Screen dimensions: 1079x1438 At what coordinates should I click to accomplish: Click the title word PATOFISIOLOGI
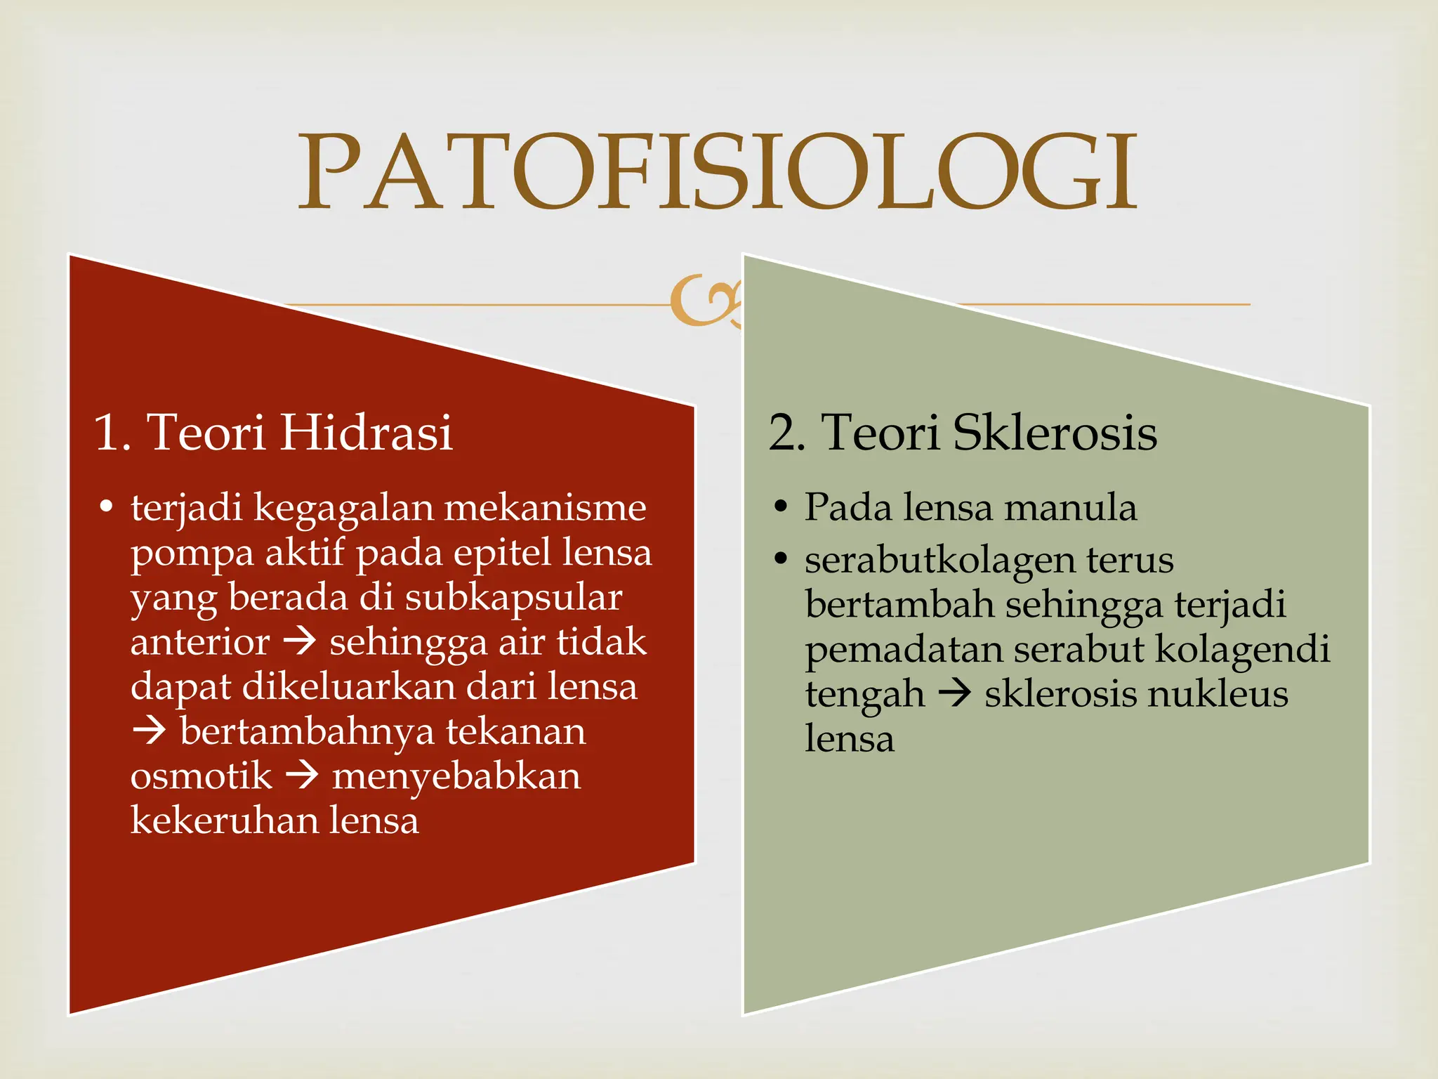(x=718, y=173)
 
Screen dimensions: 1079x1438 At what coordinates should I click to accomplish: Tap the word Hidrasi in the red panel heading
(x=366, y=432)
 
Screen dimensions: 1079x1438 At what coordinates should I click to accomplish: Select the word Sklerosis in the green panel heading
(x=1055, y=432)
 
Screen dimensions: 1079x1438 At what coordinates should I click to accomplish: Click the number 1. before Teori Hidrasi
(x=112, y=432)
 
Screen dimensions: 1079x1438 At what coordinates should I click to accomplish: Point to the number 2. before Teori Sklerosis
(x=786, y=432)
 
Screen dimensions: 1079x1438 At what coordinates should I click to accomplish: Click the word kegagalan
(x=343, y=509)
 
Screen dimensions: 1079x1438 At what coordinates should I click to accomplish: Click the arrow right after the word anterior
(x=300, y=642)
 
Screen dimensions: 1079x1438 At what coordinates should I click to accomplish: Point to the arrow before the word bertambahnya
(x=149, y=731)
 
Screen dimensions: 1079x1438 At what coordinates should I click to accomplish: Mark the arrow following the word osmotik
(x=303, y=776)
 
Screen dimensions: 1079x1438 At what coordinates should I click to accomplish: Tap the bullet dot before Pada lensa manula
(x=780, y=507)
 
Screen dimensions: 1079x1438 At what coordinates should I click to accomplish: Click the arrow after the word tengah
(x=955, y=694)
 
